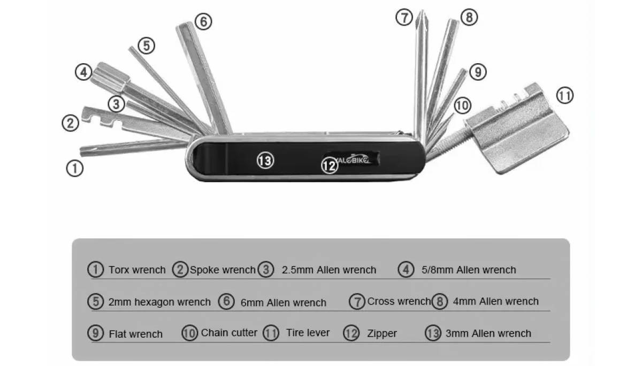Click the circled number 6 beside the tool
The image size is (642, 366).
tap(203, 22)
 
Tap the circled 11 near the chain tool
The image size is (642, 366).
tap(564, 96)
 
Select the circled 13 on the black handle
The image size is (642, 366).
tap(265, 160)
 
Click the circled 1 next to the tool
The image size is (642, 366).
tap(74, 169)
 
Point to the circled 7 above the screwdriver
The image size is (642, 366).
tap(404, 18)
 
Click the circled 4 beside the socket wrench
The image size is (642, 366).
tap(83, 72)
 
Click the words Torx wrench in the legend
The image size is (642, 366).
tap(137, 270)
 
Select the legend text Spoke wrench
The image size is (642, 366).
tap(223, 270)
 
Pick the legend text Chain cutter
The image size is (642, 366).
tap(229, 333)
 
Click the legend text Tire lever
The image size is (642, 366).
tap(308, 333)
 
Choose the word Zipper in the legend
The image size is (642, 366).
tap(382, 333)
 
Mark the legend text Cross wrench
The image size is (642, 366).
tap(399, 301)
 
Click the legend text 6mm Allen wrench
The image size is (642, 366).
tap(283, 302)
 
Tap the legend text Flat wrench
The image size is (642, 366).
tap(135, 334)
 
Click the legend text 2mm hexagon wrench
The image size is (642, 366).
tap(159, 302)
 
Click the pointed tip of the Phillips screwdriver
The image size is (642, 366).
tap(422, 12)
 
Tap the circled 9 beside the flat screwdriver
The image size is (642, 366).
tap(477, 72)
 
